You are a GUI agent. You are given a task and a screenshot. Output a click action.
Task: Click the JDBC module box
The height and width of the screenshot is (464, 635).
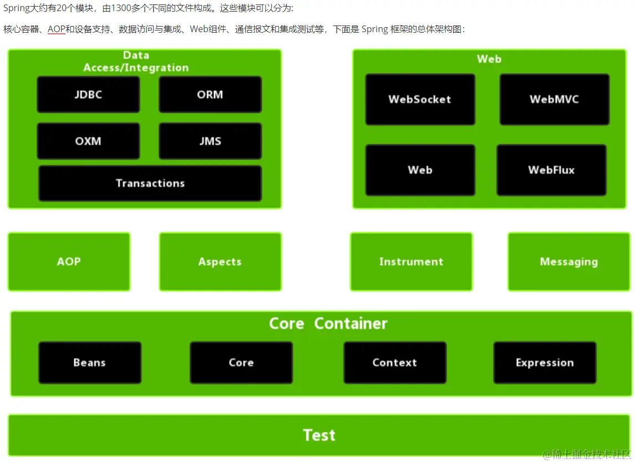[88, 95]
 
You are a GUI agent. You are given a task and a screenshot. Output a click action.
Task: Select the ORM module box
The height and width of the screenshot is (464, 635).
[210, 95]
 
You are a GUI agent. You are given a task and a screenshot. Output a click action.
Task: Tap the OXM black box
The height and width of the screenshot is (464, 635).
[88, 141]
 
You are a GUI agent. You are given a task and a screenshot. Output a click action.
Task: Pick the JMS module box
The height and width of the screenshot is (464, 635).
[210, 141]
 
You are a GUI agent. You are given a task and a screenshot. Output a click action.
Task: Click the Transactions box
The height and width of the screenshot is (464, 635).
[150, 183]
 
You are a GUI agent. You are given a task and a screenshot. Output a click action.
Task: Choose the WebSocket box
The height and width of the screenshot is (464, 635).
[420, 100]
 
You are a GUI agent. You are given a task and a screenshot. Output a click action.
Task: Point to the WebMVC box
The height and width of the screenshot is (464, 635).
[554, 100]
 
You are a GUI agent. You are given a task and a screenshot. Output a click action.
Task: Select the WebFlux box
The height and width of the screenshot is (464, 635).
[551, 170]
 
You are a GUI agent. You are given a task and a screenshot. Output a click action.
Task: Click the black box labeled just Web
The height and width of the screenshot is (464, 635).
[420, 170]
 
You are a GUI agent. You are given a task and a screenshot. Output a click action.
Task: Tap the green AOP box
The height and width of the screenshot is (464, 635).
[69, 262]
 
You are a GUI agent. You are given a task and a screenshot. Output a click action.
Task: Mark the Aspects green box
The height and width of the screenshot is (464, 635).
[220, 262]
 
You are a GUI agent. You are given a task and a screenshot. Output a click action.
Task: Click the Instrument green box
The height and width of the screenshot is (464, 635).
[411, 262]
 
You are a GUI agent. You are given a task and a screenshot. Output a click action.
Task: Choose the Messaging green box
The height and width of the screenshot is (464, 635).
[569, 262]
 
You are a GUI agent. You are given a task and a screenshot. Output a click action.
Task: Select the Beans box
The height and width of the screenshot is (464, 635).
[89, 363]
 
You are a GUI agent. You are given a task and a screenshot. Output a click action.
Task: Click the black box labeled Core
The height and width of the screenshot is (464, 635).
[241, 363]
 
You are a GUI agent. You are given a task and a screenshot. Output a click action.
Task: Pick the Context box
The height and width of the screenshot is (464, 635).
[394, 363]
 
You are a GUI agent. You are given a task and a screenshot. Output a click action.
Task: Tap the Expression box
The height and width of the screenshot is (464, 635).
[545, 363]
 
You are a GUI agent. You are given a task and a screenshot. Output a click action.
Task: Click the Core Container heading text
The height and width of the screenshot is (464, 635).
[328, 324]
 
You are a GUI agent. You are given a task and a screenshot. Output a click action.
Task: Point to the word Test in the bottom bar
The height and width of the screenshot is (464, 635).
[319, 435]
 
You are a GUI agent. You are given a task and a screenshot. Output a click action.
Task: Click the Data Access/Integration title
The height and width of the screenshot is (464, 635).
[136, 62]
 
